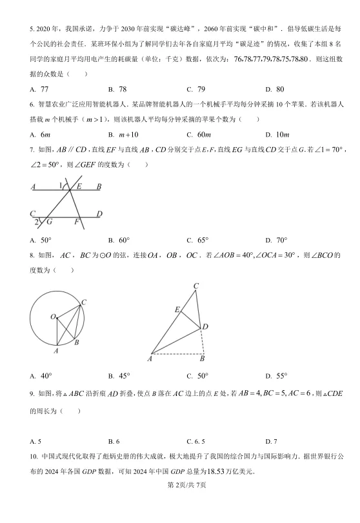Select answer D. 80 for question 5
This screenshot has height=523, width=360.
(274, 88)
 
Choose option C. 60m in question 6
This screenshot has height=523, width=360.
(199, 134)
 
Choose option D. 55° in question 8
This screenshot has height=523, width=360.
(274, 376)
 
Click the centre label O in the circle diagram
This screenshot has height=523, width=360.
(54, 316)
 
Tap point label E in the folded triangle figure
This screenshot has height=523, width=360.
(177, 310)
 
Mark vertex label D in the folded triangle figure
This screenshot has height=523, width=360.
(205, 327)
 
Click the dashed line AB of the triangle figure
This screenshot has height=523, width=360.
(177, 354)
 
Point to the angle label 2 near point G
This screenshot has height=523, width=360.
(37, 222)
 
